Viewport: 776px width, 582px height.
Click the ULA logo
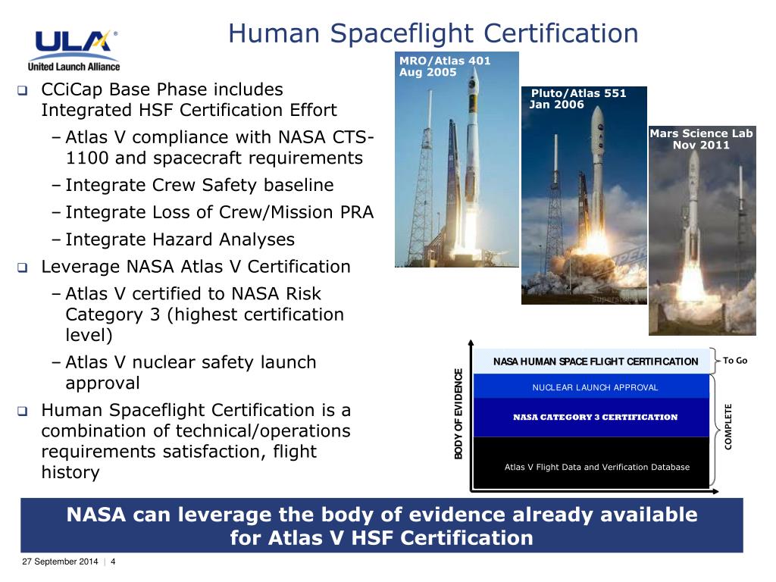[x=74, y=49]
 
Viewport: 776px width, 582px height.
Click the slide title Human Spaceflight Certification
[x=433, y=33]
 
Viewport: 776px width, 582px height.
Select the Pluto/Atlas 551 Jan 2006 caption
[x=578, y=99]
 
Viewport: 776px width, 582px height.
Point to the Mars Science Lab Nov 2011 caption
[x=701, y=139]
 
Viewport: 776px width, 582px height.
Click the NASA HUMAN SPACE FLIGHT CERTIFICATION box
[x=596, y=361]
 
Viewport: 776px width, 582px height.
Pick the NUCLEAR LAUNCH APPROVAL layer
[x=595, y=387]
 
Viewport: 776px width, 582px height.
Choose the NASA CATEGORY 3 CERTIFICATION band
[x=595, y=417]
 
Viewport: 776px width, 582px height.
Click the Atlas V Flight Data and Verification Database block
[x=596, y=467]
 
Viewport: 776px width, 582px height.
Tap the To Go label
[x=735, y=360]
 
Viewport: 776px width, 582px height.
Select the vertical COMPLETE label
[x=728, y=427]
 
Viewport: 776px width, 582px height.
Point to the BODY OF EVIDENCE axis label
[x=458, y=413]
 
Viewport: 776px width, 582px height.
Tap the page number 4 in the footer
[x=113, y=562]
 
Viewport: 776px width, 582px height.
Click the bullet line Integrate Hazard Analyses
[x=180, y=239]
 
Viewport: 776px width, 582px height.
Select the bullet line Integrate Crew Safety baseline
[x=199, y=185]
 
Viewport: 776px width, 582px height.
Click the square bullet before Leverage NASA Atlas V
[x=23, y=268]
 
